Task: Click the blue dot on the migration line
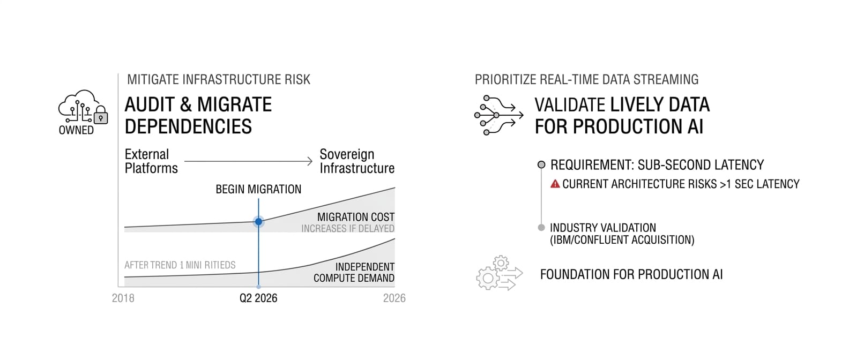coord(258,222)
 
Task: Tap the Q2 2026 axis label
coord(258,298)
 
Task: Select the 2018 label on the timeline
coord(123,298)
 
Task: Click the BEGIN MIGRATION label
coord(258,189)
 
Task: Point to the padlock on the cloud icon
coord(100,116)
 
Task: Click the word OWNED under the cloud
coord(76,130)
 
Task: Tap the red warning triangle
coord(555,184)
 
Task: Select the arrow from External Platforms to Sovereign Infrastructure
coord(248,161)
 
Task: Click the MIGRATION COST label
coord(355,217)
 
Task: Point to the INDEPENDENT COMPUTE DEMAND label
coord(354,273)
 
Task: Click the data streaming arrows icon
coord(499,115)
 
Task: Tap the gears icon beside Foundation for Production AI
coord(500,273)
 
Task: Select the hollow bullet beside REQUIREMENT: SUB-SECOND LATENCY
coord(541,165)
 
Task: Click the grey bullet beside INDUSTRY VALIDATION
coord(541,228)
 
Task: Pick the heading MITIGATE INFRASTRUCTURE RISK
coord(219,80)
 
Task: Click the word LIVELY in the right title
coord(636,105)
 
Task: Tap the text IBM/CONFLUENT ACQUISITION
coord(622,240)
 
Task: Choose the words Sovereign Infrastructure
coord(356,161)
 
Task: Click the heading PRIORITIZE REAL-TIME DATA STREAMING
coord(587,80)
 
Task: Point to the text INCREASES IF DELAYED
coord(348,229)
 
